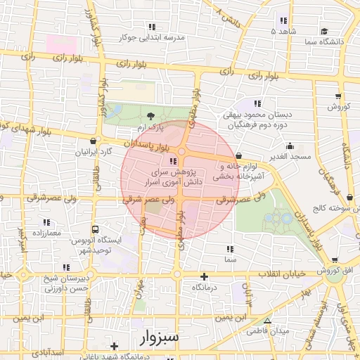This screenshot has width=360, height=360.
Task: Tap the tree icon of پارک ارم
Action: [150, 116]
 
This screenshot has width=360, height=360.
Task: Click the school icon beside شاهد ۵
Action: [283, 20]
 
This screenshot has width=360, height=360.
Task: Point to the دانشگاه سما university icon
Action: [324, 31]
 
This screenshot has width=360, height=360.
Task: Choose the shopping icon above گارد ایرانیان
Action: [94, 139]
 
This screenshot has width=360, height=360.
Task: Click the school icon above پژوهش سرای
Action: [174, 161]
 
